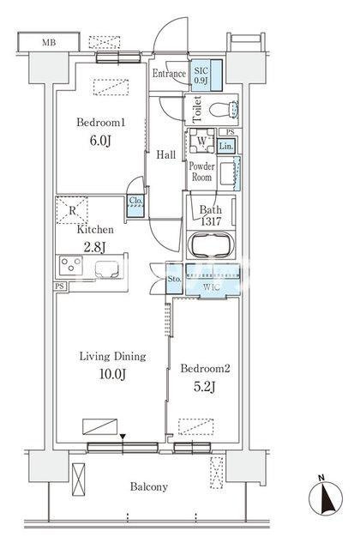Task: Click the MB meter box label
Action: pos(49,43)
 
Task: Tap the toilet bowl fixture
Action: pos(224,110)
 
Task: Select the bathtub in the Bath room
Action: pos(211,244)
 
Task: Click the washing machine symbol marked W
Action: pos(202,141)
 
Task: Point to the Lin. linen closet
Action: pos(226,147)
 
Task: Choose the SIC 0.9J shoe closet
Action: pos(207,75)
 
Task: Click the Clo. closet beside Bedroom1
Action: pos(135,206)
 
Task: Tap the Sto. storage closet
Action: pos(174,279)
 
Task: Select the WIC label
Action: pos(212,287)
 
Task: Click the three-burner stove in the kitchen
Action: pos(70,265)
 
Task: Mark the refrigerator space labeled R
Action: pos(72,210)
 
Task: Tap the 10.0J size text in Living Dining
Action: pos(112,374)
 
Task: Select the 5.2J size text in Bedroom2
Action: pos(205,387)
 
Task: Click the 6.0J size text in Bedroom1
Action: pos(100,141)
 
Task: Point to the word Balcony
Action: pos(148,487)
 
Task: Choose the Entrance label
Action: pos(169,74)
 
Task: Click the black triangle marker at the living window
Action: pos(123,437)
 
